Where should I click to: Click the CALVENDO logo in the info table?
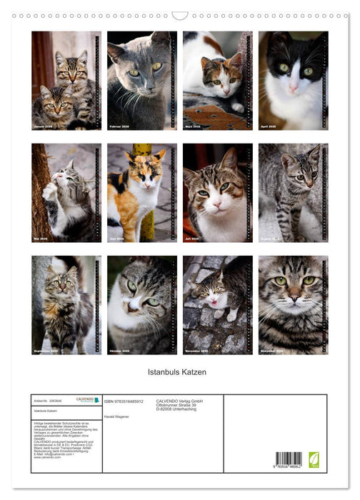click(x=85, y=400)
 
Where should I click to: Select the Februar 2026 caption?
click(x=122, y=126)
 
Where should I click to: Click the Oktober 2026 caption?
click(x=122, y=351)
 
